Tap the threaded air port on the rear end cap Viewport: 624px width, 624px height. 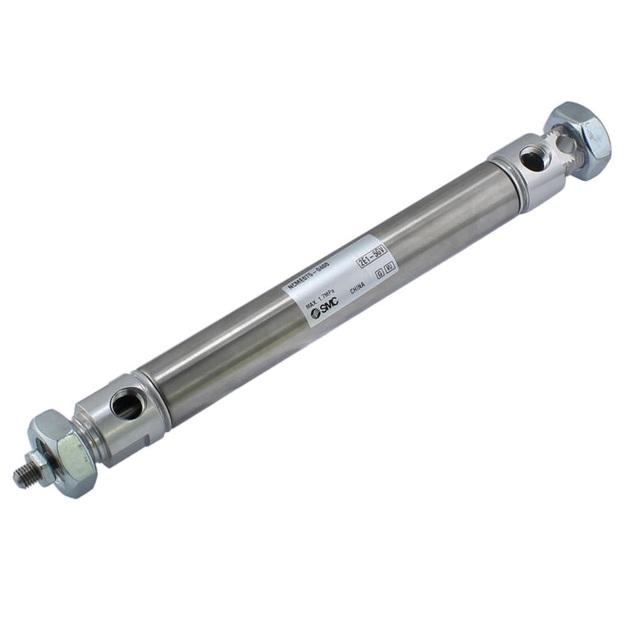click(532, 160)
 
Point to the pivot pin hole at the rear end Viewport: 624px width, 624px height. click(561, 141)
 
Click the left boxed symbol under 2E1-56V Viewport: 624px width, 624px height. click(380, 273)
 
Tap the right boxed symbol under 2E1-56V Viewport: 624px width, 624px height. click(390, 267)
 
